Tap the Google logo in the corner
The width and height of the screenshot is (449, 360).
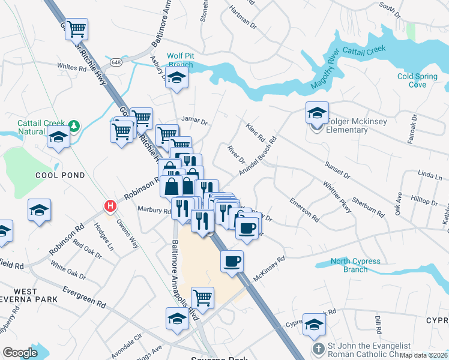[x=20, y=353]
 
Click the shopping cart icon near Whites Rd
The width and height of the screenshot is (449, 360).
[x=76, y=29]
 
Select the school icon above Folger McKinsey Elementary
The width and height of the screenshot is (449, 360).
[x=317, y=112]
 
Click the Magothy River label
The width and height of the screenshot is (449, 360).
[x=325, y=71]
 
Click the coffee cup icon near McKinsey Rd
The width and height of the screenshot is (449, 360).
[x=232, y=261]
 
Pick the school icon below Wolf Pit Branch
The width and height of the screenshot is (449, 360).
[x=176, y=77]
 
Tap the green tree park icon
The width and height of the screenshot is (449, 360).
[x=74, y=126]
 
